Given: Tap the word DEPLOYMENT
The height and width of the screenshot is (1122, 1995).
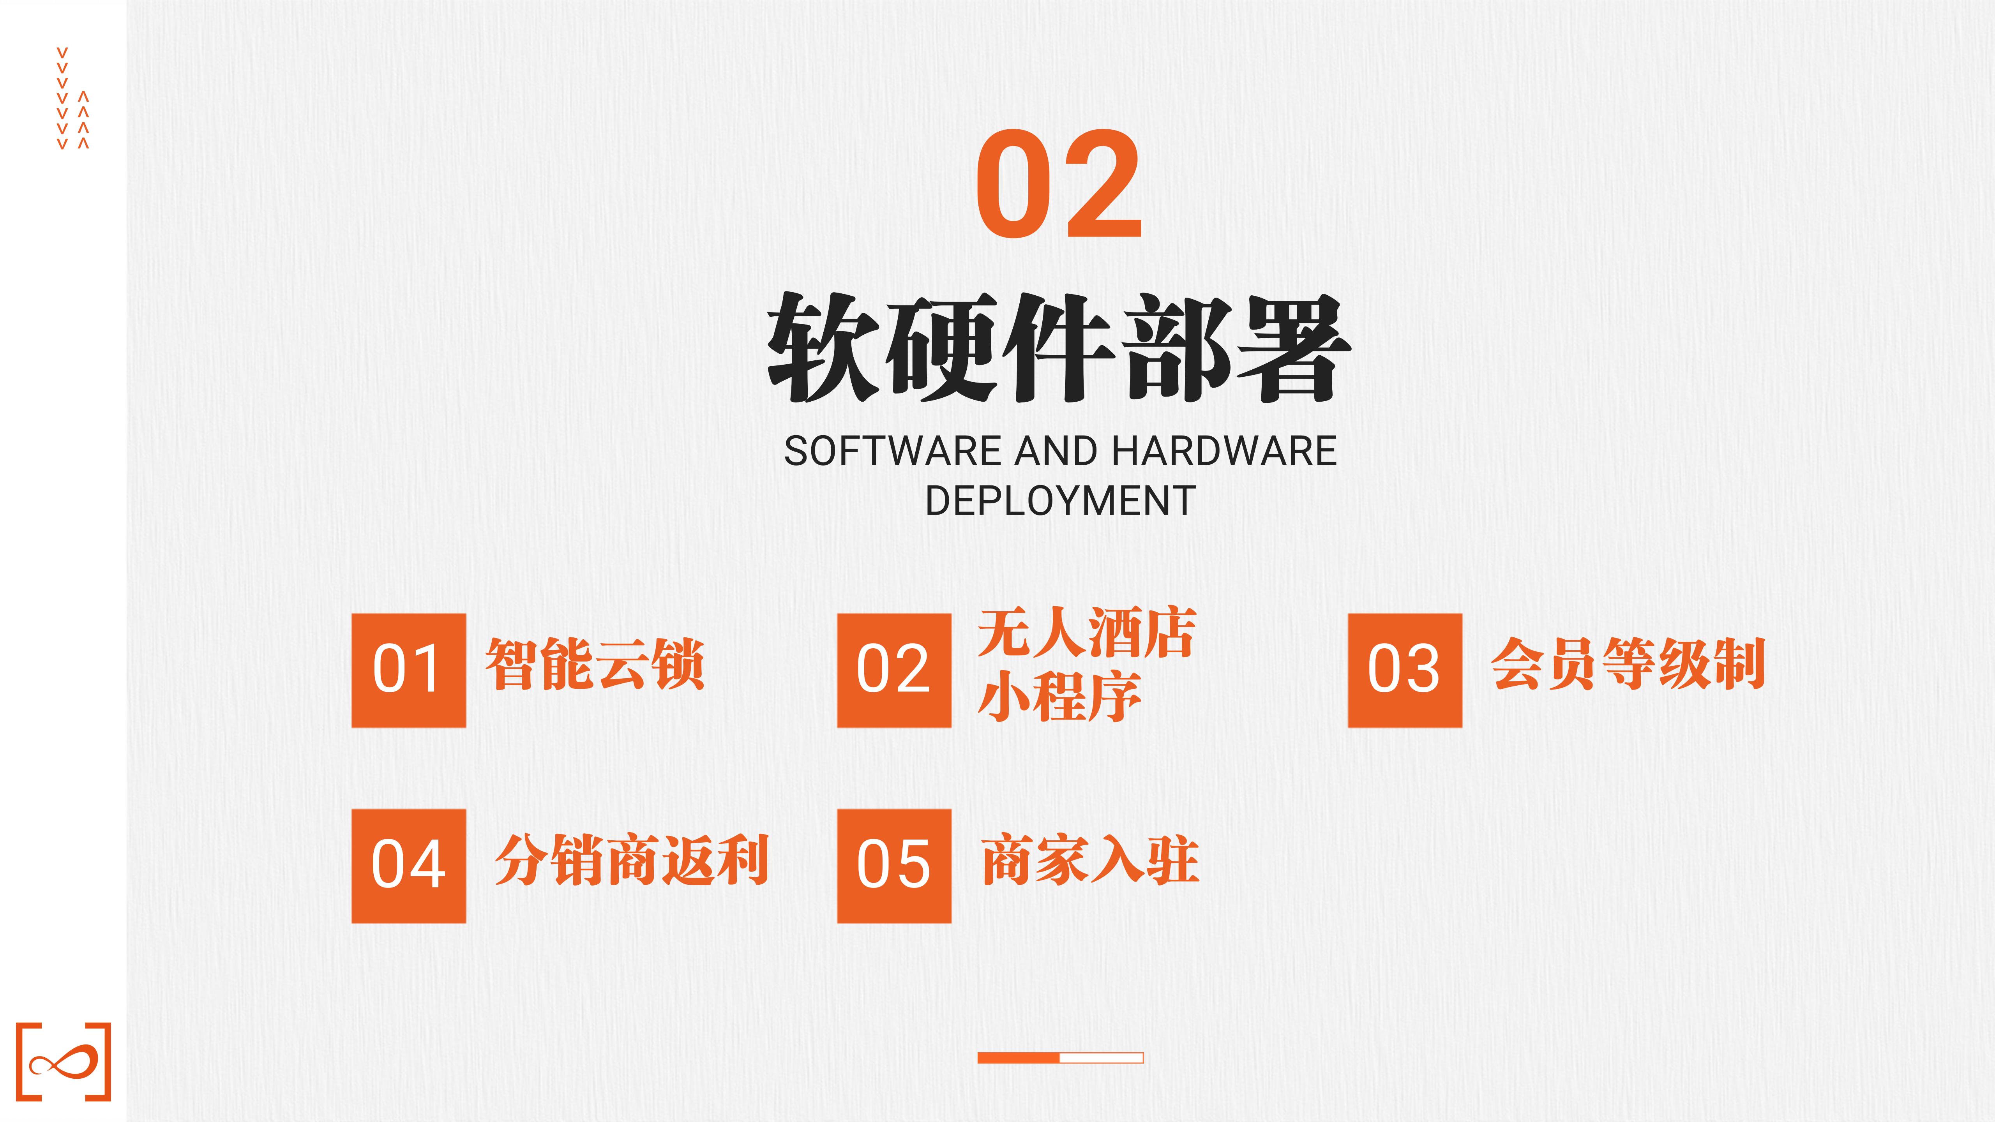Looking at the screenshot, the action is [x=1060, y=501].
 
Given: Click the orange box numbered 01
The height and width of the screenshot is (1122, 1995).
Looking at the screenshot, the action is [x=409, y=670].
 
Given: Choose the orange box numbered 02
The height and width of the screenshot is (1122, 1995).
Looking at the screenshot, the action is [x=895, y=670].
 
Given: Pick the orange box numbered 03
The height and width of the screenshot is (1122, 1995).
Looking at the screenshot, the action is [x=1405, y=670].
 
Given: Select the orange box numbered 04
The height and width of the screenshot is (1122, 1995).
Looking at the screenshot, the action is [x=409, y=866].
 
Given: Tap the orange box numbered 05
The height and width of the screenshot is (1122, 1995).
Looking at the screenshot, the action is [x=895, y=866].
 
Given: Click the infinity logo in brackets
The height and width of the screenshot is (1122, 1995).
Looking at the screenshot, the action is [x=64, y=1061].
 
